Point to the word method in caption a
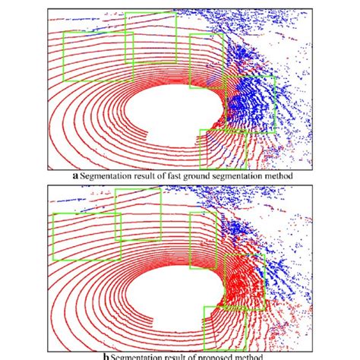pos(277,175)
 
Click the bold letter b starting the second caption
pos(112,355)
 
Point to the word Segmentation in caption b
pos(139,355)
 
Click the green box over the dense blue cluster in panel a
pos(251,103)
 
